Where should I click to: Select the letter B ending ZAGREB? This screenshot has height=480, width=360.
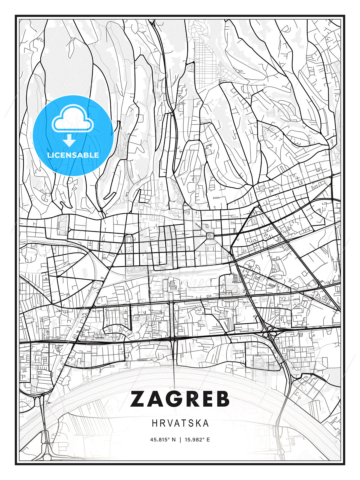pos(221,399)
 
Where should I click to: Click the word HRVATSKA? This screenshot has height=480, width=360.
pos(180,423)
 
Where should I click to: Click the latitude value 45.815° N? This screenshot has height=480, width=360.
pos(163,440)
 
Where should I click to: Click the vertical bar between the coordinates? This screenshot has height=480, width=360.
pos(180,440)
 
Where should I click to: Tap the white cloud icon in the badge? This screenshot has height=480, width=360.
pos(72,119)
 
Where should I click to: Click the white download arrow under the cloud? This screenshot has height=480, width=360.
pos(69,140)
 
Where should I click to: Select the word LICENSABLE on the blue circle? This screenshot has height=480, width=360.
pos(73,155)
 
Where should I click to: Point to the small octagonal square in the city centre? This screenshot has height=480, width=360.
pos(210,236)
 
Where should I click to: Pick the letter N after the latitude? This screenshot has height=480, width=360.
pos(173,440)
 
